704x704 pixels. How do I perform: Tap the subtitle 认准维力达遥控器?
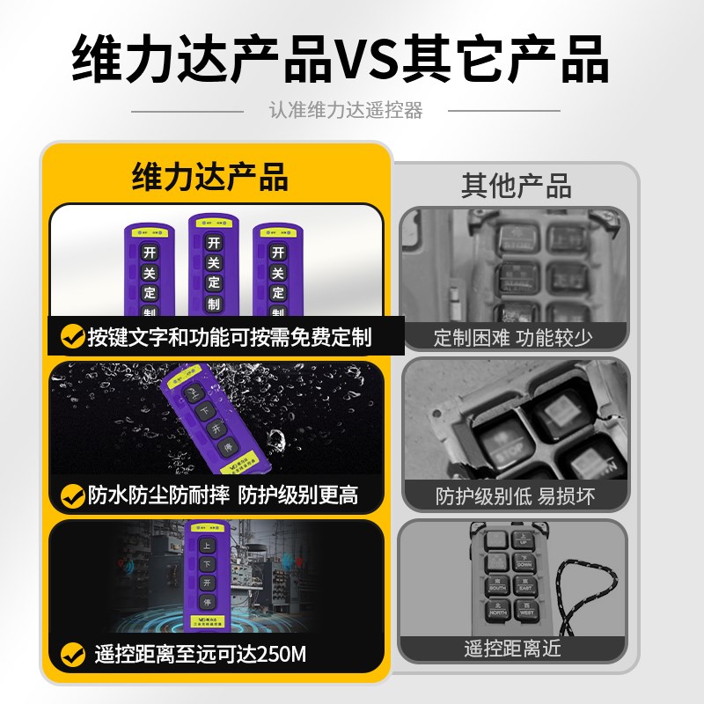point(346,111)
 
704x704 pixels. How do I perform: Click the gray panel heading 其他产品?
point(516,186)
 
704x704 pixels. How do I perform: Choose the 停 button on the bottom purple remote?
point(208,603)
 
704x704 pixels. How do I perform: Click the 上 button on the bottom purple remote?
point(208,545)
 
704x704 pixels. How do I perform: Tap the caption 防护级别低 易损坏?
point(515,495)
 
